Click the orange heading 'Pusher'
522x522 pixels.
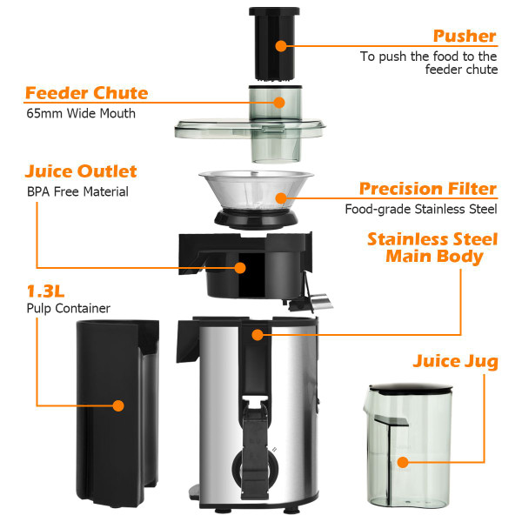(x=465, y=37)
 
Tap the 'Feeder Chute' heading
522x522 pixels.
(x=86, y=93)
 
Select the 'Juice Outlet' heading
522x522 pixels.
(x=81, y=171)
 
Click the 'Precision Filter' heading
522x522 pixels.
(x=428, y=189)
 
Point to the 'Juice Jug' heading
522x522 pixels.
(x=456, y=361)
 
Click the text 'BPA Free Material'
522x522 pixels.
(x=77, y=192)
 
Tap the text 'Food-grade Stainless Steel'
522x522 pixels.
(x=420, y=209)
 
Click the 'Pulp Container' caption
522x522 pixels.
(x=68, y=308)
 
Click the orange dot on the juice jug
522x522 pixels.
(x=402, y=462)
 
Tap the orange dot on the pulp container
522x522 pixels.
(x=118, y=405)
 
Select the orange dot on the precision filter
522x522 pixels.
(x=280, y=198)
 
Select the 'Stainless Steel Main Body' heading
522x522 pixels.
(x=432, y=248)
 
